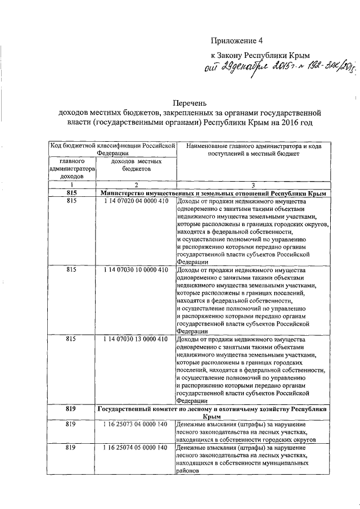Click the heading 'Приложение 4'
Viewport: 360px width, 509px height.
(x=237, y=40)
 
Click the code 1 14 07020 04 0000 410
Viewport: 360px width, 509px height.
(x=136, y=201)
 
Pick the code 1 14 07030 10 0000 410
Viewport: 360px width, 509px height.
(x=136, y=270)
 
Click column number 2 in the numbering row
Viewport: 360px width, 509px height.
(x=136, y=185)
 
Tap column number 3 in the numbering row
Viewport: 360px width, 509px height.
(x=253, y=185)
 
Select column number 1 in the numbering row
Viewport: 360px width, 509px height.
(x=73, y=185)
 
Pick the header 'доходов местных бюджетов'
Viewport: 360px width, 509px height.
(x=136, y=165)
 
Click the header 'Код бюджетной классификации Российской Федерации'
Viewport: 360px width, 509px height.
(x=112, y=149)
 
